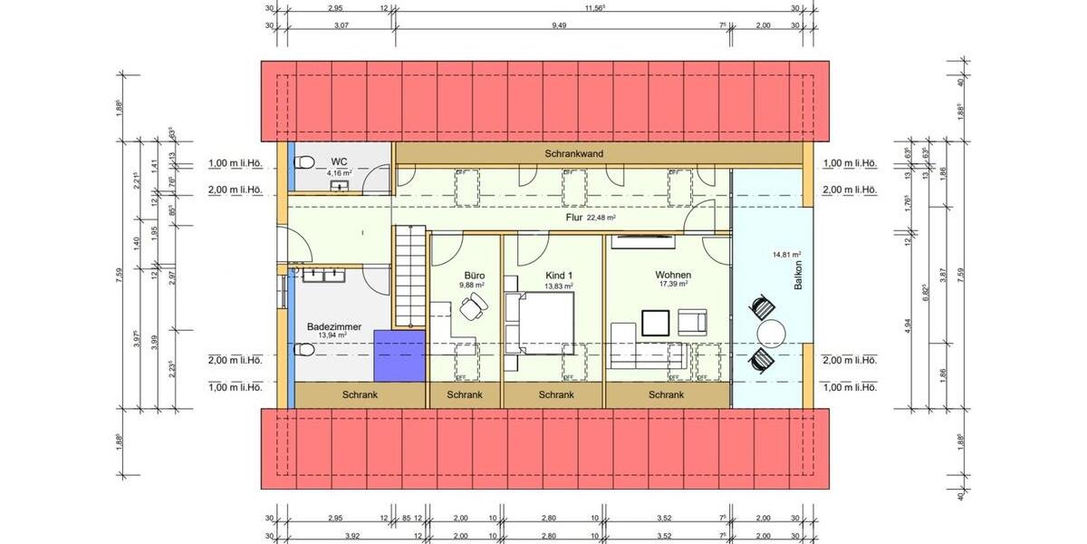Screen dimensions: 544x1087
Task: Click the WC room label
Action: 340,161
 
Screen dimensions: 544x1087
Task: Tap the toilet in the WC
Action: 306,163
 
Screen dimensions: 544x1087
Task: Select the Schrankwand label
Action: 573,153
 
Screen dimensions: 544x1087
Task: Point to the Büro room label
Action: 475,275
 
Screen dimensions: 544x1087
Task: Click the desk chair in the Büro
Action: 472,310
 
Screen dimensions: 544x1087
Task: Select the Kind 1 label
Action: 559,275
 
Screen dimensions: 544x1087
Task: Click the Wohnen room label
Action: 673,275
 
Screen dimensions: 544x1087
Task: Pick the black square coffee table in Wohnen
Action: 655,323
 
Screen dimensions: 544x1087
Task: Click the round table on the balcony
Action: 771,334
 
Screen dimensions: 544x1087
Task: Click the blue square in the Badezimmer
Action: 399,355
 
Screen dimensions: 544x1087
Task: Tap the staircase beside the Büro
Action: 409,276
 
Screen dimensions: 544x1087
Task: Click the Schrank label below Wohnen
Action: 666,395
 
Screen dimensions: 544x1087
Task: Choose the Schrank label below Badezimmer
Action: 360,395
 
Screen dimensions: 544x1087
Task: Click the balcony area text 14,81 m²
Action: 786,255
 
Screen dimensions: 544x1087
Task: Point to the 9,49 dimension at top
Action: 559,25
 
